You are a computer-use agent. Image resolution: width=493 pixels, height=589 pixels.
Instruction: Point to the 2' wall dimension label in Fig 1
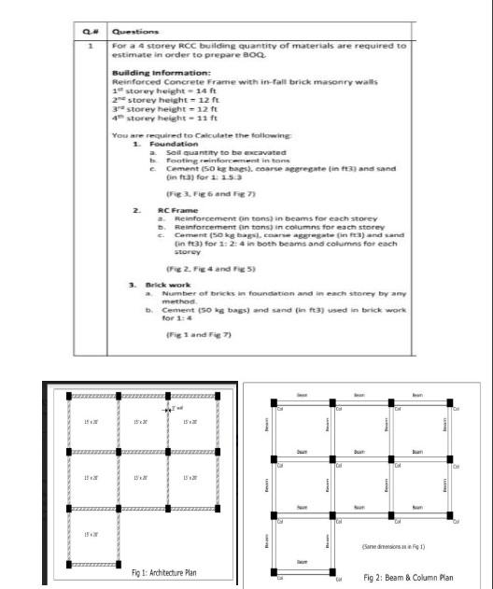[x=176, y=408]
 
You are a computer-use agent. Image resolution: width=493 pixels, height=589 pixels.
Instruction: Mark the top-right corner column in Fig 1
[x=218, y=396]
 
